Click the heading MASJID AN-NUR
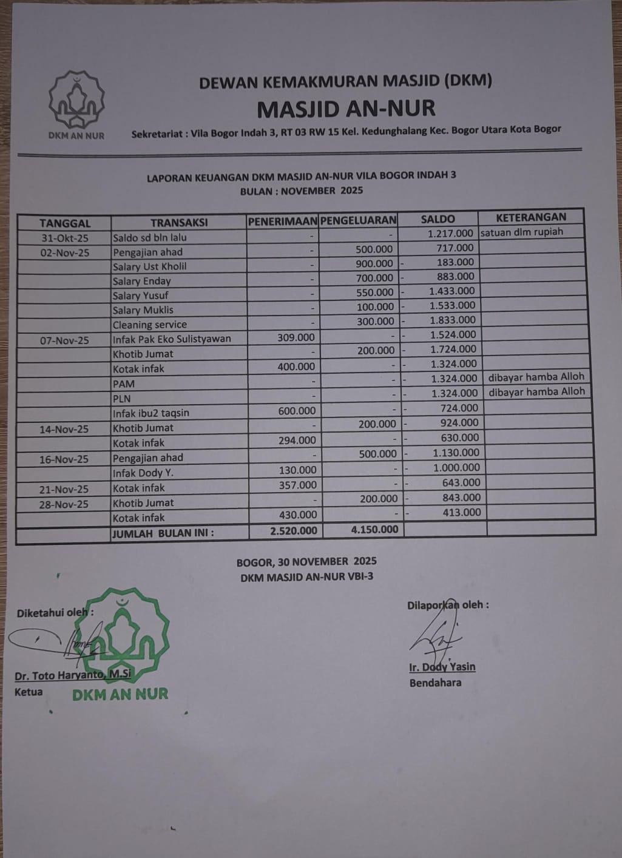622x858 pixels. [346, 109]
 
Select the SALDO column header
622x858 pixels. [438, 219]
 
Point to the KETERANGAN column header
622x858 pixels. [530, 217]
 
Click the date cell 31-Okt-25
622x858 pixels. [64, 238]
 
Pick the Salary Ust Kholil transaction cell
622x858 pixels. [149, 266]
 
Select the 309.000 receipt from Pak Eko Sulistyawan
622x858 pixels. [296, 337]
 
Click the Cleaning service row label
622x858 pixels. [149, 325]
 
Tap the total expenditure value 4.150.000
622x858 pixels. [374, 529]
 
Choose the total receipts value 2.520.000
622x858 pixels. [293, 530]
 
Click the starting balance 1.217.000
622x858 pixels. [450, 233]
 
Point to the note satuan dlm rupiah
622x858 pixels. [521, 232]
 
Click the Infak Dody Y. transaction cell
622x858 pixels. [143, 473]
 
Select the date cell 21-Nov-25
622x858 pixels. [64, 489]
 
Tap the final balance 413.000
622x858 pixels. [461, 512]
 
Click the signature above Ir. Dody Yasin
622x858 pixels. [436, 634]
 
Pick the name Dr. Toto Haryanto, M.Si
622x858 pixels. [73, 675]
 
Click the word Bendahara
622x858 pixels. [435, 683]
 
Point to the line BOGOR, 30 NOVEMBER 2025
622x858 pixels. [306, 561]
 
